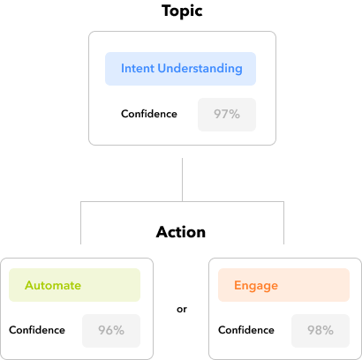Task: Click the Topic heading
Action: [x=182, y=11]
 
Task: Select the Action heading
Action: [x=181, y=232]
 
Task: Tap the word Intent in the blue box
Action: [x=138, y=68]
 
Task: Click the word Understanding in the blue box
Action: [x=200, y=69]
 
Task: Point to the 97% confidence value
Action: [x=227, y=114]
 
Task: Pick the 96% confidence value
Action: [x=111, y=330]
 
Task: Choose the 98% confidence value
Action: [x=321, y=330]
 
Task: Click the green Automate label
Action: [x=53, y=285]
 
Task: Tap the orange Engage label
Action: [x=256, y=286]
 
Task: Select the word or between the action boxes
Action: [x=182, y=310]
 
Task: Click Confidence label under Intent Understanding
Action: [x=149, y=114]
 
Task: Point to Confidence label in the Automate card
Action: [x=37, y=330]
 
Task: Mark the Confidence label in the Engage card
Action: [x=246, y=330]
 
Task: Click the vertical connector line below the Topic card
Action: [x=182, y=180]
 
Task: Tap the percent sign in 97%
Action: [x=235, y=114]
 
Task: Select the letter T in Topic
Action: [x=167, y=11]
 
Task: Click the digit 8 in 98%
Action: [x=320, y=330]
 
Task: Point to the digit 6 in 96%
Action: [x=110, y=330]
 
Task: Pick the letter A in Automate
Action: [x=29, y=285]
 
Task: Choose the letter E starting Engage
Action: [x=238, y=285]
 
